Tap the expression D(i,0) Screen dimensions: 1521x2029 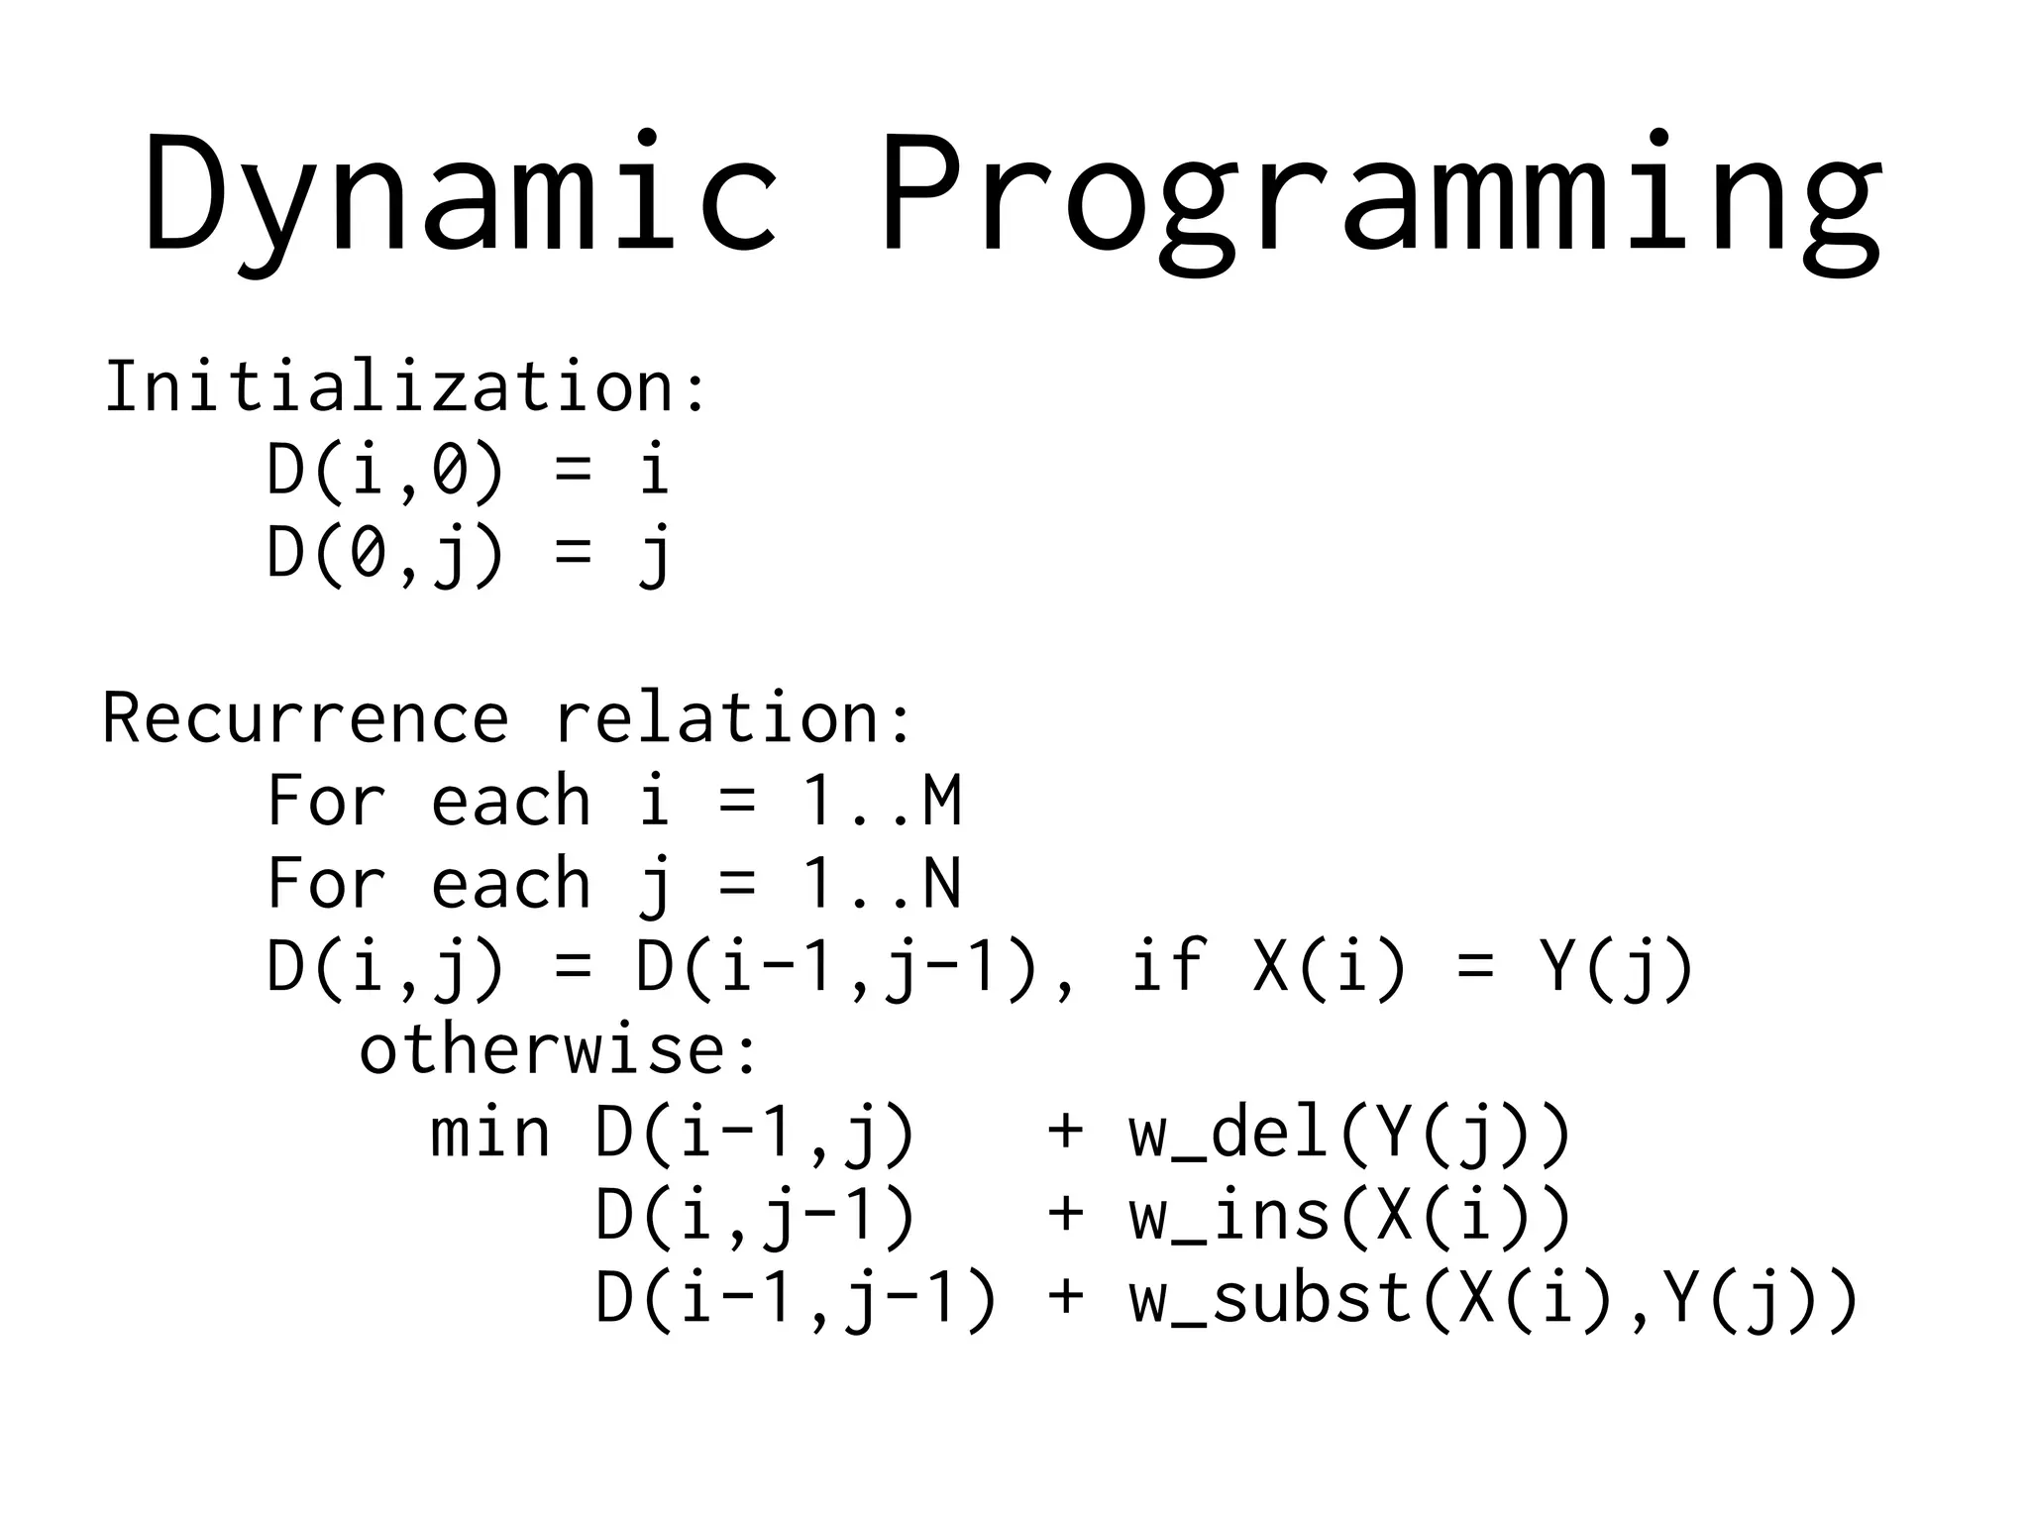385,470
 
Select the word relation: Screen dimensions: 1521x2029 733,717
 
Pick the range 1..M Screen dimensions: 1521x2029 881,801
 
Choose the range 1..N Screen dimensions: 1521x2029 881,884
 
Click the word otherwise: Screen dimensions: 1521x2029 558,1049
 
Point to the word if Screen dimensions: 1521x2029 1170,966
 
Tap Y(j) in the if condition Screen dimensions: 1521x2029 1616,966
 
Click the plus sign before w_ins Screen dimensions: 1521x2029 1065,1216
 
